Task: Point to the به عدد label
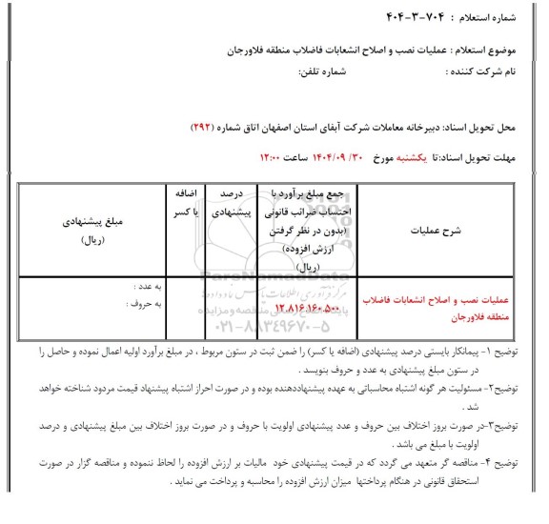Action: (142, 285)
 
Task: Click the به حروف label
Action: (140, 305)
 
